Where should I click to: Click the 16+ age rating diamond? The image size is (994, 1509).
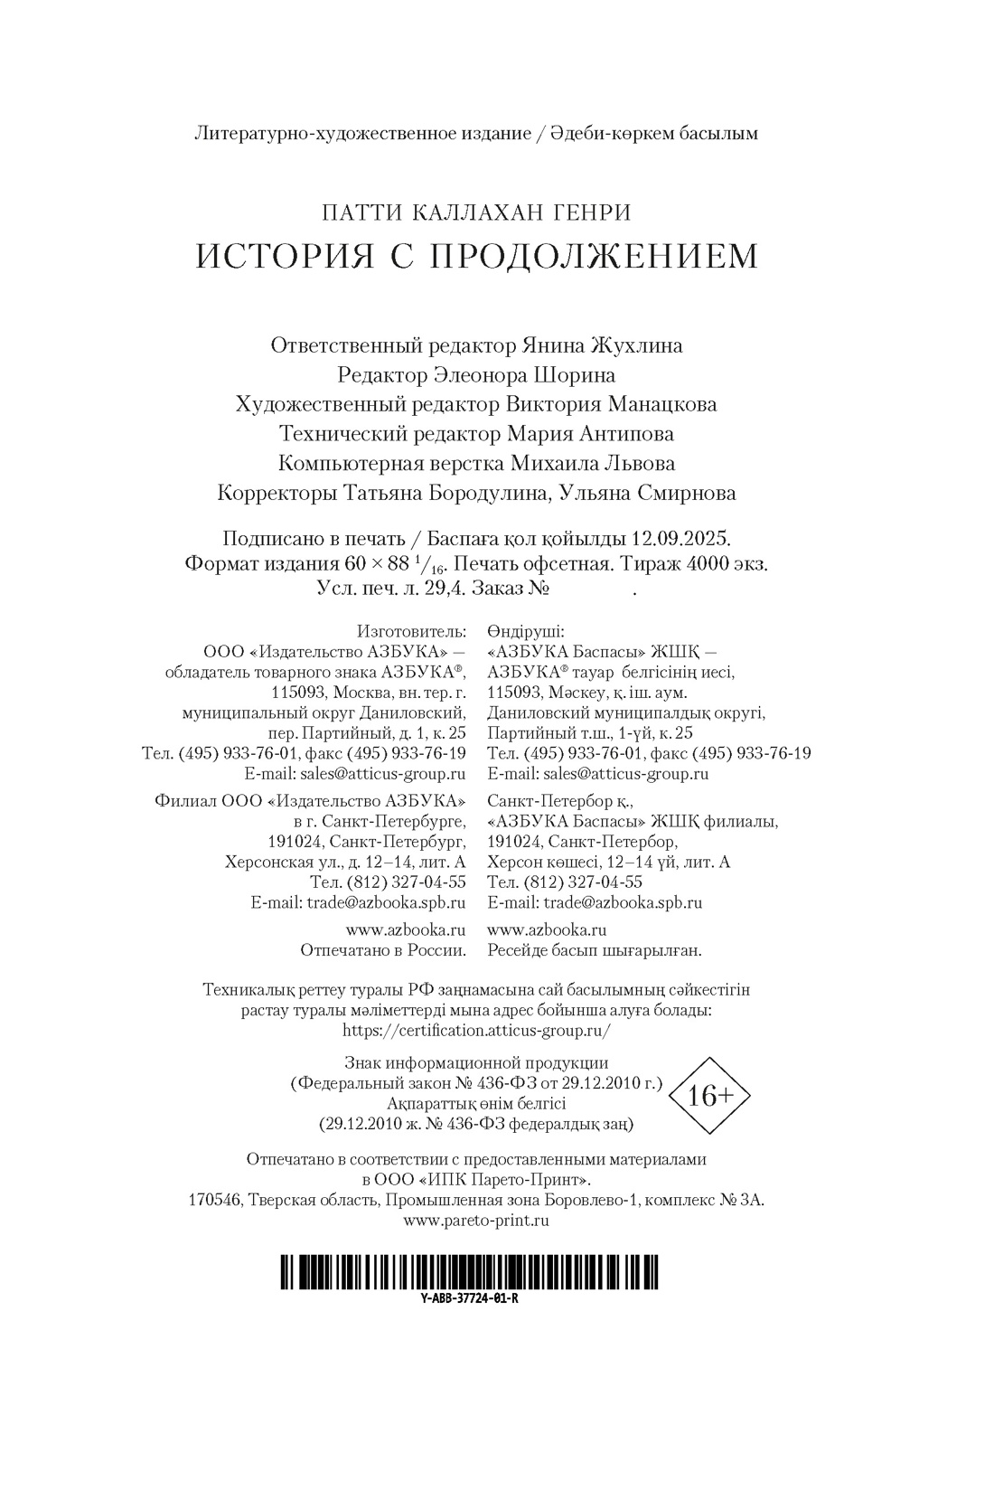tap(709, 1096)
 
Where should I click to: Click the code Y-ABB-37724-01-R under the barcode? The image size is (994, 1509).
tap(469, 1297)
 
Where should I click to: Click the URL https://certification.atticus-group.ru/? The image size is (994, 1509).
tap(477, 1030)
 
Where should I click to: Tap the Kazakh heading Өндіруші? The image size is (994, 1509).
tap(525, 630)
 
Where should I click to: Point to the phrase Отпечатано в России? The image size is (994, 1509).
tap(383, 950)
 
